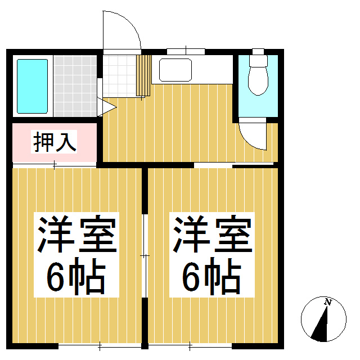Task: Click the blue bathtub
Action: (32, 85)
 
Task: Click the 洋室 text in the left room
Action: (77, 233)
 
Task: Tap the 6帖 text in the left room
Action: (77, 276)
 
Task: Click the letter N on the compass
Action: (327, 303)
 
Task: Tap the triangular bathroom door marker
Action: (103, 107)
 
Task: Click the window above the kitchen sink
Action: (186, 52)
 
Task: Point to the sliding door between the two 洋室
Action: (144, 256)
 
